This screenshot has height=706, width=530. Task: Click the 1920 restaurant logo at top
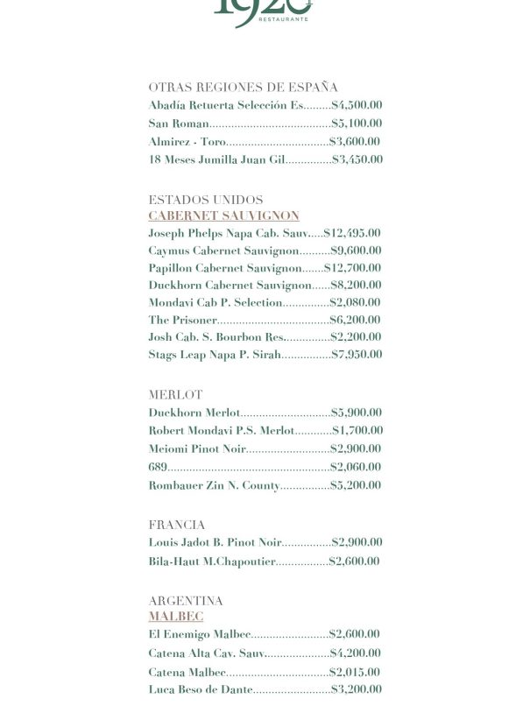pos(264,11)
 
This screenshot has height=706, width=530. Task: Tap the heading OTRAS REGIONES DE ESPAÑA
pos(243,87)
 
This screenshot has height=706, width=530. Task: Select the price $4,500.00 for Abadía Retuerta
pos(357,105)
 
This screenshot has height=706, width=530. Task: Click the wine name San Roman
pos(179,124)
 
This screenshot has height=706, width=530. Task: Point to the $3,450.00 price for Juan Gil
pos(357,159)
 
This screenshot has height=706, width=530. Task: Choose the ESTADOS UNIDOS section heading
pos(205,200)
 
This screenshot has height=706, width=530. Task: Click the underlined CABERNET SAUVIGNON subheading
pos(223,215)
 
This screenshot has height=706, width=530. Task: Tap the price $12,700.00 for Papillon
pos(352,268)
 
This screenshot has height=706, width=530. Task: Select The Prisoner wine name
pos(182,320)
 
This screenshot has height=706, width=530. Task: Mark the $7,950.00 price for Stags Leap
pos(357,355)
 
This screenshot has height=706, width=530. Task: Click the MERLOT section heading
pos(175,395)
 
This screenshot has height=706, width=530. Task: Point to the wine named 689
pos(158,467)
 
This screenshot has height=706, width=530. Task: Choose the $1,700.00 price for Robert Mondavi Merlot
pos(357,431)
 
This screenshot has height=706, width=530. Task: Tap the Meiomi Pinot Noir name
pos(197,448)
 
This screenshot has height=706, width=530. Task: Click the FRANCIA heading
pos(177,525)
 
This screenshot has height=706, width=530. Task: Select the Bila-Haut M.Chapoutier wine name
pos(212,561)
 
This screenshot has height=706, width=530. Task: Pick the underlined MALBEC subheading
pos(175,617)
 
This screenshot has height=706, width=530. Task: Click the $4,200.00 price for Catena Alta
pos(355,653)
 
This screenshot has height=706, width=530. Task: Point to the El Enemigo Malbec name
pos(200,634)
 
